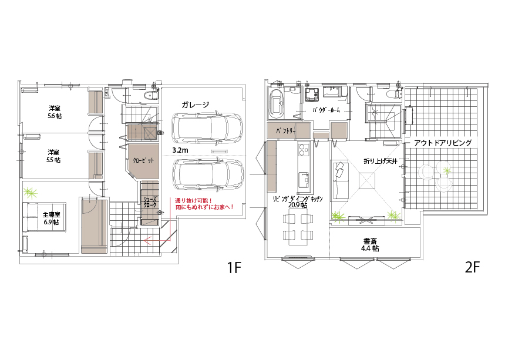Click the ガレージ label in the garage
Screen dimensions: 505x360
pos(195,105)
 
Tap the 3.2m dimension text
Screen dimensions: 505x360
pos(180,150)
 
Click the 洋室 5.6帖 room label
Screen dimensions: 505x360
pos(55,112)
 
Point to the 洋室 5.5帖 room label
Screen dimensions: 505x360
pos(53,156)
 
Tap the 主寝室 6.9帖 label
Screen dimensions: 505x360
pos(51,218)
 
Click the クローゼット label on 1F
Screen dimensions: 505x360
pos(143,160)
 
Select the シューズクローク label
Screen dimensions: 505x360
pos(150,201)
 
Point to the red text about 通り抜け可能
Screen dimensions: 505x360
pos(204,204)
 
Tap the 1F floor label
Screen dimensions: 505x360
pos(234,267)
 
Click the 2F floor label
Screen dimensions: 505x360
pos(473,267)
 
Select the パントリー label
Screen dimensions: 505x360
pos(285,131)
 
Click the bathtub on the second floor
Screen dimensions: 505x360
pos(277,104)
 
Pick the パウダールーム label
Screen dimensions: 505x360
pos(326,110)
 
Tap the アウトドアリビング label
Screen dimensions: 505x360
pos(443,143)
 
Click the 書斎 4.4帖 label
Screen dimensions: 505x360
pos(370,245)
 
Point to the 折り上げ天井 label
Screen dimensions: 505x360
pos(381,162)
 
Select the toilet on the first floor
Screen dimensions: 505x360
pos(150,96)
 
